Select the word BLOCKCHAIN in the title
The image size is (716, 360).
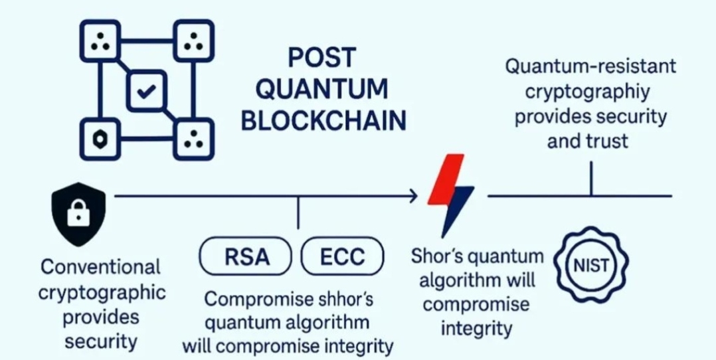point(323,121)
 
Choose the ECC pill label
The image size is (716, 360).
point(343,256)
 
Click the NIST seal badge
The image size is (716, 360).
point(591,266)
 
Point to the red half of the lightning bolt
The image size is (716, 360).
point(444,178)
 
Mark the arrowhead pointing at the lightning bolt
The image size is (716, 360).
point(413,196)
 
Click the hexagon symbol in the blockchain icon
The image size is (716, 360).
point(100,139)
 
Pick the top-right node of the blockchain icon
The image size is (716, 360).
point(194,41)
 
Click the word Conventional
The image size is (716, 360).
point(100,267)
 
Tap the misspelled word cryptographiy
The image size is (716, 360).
point(588,92)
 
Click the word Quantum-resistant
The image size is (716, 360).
point(590,66)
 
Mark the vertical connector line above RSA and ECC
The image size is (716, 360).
point(298,213)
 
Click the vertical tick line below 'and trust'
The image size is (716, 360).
point(591,178)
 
